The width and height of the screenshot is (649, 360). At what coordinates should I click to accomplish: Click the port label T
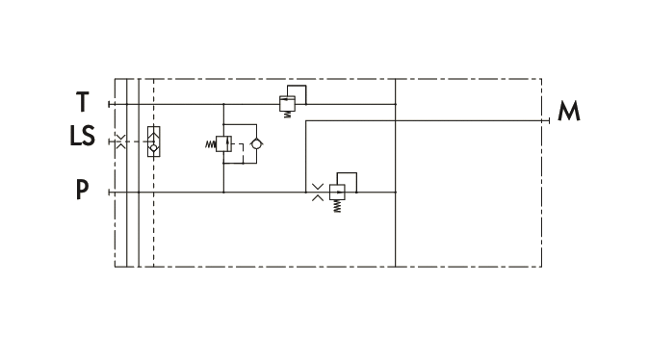point(83,102)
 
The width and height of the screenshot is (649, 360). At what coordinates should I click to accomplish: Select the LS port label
point(83,136)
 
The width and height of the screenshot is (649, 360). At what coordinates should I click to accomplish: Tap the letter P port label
point(83,190)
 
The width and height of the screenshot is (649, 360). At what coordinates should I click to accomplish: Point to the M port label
point(569,111)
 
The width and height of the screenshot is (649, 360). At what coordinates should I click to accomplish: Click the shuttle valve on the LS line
point(153,141)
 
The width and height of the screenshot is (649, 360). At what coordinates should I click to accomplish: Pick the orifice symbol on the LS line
point(120,141)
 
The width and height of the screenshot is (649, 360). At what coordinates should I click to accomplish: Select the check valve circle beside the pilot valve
point(256,144)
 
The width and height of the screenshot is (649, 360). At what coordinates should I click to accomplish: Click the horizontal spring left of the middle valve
point(211,144)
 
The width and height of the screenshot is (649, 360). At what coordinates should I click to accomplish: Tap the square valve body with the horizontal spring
point(223,143)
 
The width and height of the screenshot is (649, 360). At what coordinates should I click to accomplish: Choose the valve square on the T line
point(287,103)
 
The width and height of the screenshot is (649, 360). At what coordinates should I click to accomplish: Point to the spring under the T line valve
point(287,115)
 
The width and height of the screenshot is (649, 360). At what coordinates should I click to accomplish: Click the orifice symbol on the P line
point(318,193)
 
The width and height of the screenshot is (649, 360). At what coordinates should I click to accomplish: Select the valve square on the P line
point(337,193)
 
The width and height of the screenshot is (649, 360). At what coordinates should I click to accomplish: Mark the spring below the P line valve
point(337,207)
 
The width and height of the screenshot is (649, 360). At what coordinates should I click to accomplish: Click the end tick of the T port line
point(109,104)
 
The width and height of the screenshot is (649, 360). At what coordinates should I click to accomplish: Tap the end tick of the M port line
point(549,121)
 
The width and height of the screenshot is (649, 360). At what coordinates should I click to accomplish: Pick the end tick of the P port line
point(109,193)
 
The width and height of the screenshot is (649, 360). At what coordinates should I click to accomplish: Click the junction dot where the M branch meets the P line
point(306,193)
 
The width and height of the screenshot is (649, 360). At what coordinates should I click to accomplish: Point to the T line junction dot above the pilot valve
point(223,104)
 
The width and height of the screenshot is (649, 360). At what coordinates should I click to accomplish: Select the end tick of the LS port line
point(109,141)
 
